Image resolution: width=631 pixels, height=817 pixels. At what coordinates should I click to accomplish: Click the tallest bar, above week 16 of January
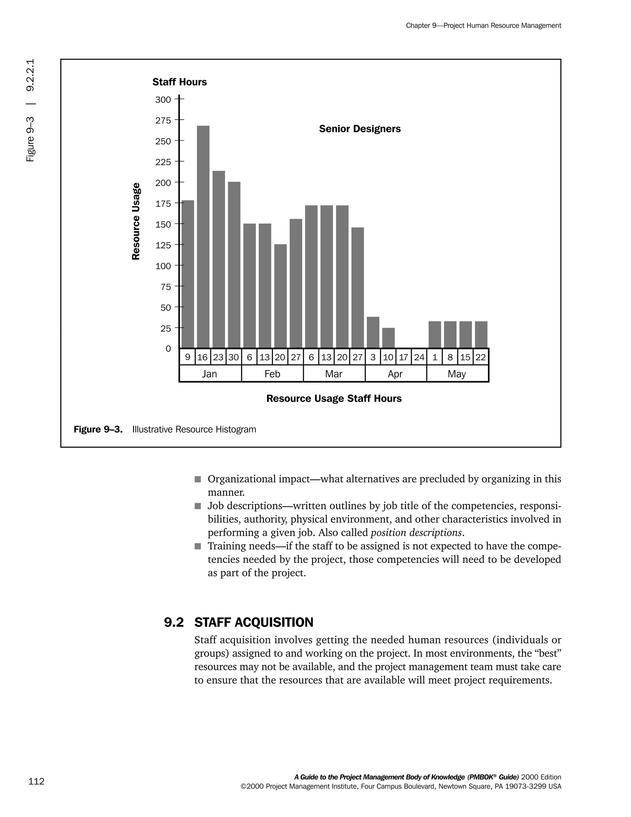pos(203,236)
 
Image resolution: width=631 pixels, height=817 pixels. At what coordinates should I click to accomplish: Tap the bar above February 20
pos(280,296)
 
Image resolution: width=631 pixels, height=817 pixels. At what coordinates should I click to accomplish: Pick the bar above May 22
pos(481,335)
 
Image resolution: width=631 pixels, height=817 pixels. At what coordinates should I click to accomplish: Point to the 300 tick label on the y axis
pos(163,100)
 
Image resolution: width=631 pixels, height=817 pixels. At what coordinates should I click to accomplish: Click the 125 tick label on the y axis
pos(163,245)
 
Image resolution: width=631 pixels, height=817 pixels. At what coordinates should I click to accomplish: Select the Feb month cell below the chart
pos(272,374)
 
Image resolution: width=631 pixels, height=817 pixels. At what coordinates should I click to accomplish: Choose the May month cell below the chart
pos(457,374)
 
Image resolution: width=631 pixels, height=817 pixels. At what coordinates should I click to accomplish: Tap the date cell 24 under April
pos(419,357)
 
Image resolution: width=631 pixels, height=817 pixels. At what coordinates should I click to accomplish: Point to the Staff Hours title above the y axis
pos(179,82)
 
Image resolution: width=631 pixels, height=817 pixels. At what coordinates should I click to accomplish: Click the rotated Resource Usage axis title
pos(136,221)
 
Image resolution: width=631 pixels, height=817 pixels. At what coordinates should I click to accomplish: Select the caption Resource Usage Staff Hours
pos(334,399)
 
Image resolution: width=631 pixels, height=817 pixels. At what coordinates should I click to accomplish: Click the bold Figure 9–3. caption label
pos(98,429)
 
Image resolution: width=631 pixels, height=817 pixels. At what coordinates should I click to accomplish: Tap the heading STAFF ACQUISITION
pos(254,622)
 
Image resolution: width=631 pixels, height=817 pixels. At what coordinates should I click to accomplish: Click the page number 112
pos(36,781)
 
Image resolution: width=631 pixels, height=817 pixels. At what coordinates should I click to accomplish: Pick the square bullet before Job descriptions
pos(198,506)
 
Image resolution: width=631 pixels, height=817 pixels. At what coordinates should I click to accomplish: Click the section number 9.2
pos(174,622)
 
